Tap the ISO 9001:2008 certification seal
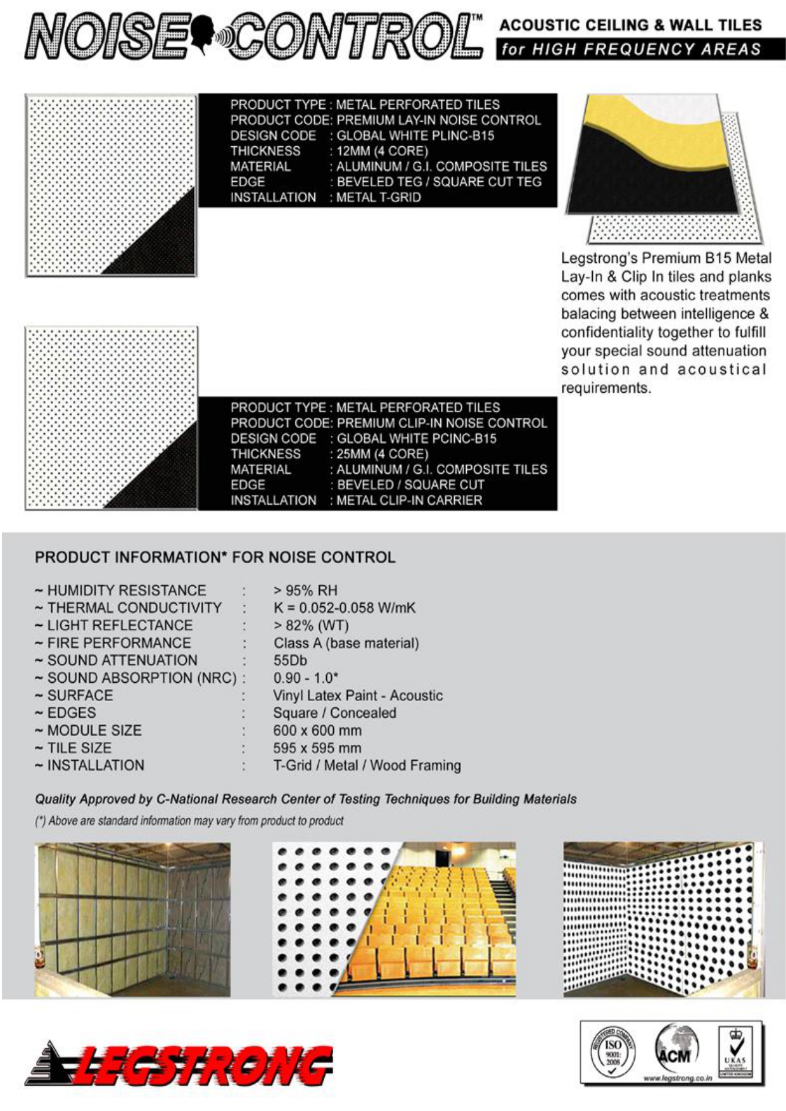(x=612, y=1051)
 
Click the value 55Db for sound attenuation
(x=290, y=660)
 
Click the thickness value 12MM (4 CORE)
(x=382, y=151)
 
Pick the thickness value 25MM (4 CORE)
(x=382, y=454)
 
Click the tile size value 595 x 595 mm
(x=317, y=747)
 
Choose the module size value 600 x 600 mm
(x=317, y=730)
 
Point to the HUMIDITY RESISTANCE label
(x=126, y=590)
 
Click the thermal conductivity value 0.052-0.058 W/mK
(x=345, y=607)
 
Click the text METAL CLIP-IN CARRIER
(x=409, y=500)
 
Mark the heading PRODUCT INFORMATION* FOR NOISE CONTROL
(x=215, y=557)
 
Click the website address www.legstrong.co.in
(x=678, y=1077)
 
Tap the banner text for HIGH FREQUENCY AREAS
(x=631, y=49)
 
